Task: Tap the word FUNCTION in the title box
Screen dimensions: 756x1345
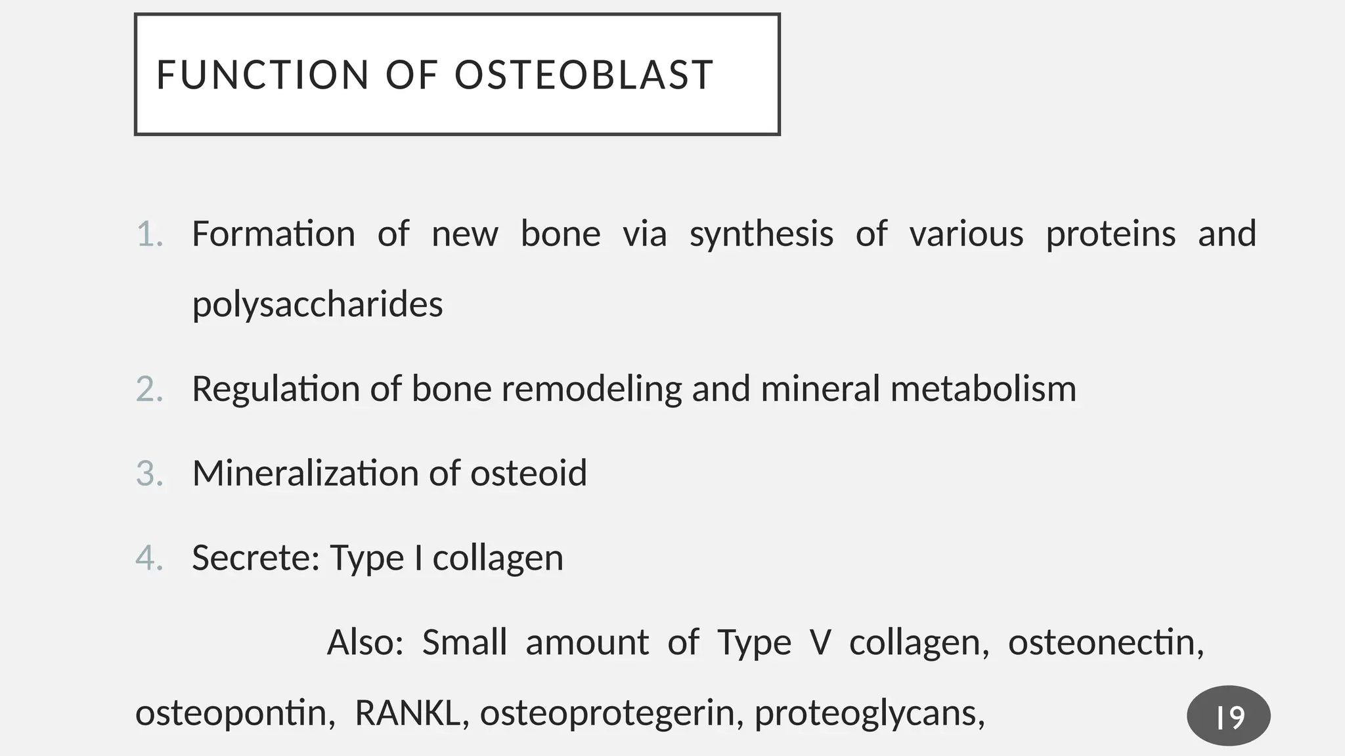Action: coord(263,75)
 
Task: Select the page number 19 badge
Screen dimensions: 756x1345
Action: coord(1228,716)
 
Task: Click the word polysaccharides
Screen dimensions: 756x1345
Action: coord(317,305)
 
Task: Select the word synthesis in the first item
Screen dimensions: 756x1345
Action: coord(761,235)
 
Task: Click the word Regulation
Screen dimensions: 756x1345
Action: coord(276,389)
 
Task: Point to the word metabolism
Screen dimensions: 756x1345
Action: coord(983,389)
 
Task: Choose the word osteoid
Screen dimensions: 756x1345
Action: coord(528,473)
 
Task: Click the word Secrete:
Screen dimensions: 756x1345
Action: coord(255,558)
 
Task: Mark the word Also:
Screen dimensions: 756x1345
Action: coord(365,642)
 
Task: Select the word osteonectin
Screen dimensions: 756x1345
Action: coord(1105,642)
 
